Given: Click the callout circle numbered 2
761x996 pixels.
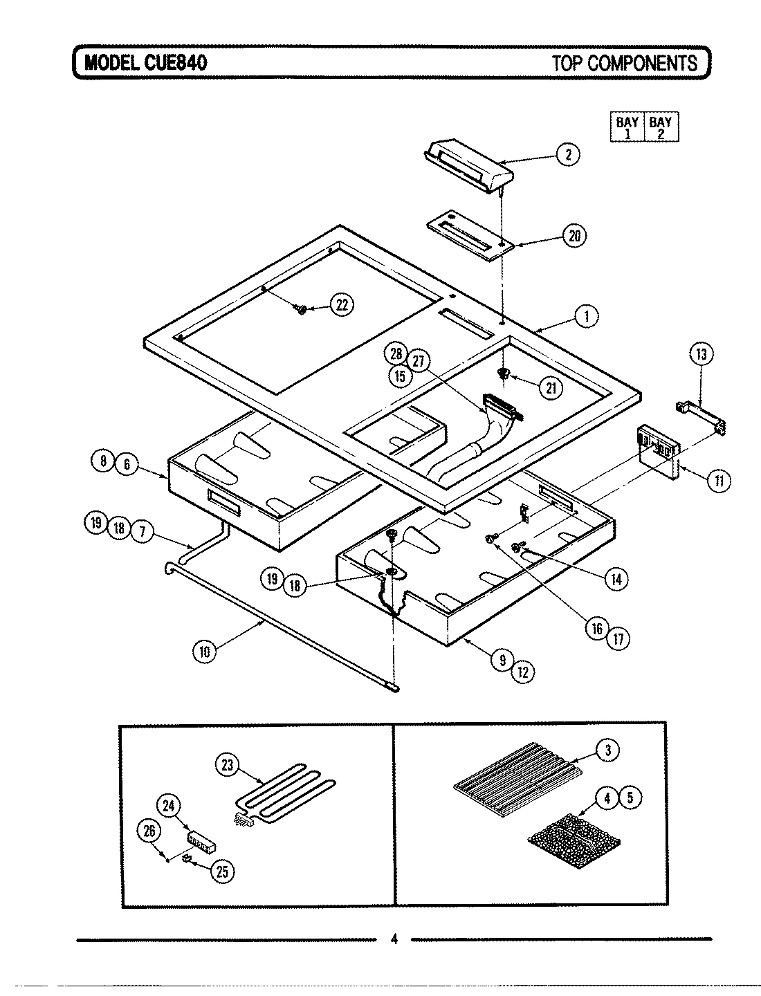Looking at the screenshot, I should coord(568,154).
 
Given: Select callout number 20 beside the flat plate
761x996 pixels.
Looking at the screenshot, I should coord(574,237).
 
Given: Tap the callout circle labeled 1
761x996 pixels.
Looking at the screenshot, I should coord(587,316).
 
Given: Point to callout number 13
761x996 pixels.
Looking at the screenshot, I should coord(700,355).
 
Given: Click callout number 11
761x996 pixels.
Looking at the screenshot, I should coord(719,480).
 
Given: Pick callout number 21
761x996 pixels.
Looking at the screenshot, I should coord(551,388).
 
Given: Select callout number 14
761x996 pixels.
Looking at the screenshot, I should coord(615,578).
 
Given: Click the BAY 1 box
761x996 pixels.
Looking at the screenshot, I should coord(627,127).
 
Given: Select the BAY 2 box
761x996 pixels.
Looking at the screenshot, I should coord(661,127).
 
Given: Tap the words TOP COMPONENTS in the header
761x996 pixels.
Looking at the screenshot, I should coord(624,63).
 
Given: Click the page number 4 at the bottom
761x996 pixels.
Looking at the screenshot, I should coord(394,939).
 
